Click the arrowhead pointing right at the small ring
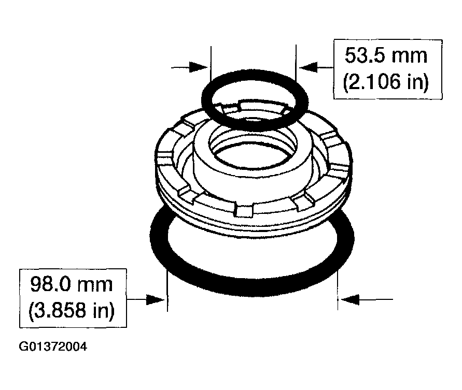coord(200,67)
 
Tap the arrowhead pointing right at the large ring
coord(157,299)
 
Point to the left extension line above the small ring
coord(212,57)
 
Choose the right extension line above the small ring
coord(295,57)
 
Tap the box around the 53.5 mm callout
coord(386,68)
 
